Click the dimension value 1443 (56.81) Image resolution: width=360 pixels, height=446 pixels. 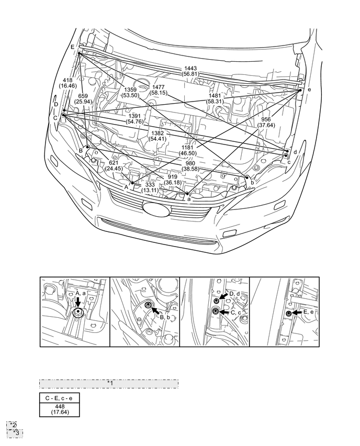coord(190,71)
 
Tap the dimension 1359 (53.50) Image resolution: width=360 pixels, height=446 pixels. coord(129,92)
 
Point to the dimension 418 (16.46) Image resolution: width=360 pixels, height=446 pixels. coord(67,83)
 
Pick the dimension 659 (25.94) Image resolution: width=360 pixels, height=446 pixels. coord(83,99)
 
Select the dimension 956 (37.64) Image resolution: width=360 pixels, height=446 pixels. coord(269,122)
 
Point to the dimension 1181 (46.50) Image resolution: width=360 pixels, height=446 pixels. coord(187,150)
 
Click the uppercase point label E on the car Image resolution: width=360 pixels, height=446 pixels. coord(73,47)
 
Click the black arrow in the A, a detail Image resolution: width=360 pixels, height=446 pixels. coord(77,304)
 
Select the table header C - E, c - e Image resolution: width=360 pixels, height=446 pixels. coord(59,398)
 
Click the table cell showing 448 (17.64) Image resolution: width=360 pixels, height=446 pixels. coord(59,409)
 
